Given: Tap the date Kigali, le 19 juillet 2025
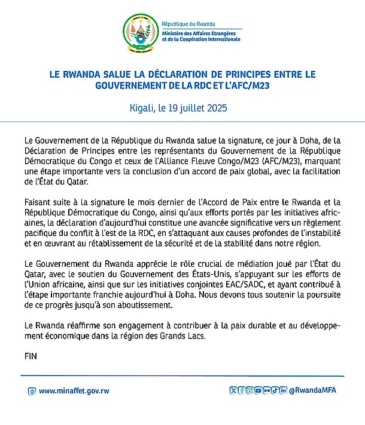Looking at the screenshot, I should [x=182, y=109].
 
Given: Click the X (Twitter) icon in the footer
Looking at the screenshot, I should [x=234, y=391].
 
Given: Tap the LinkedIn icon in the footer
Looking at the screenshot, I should [x=283, y=391].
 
